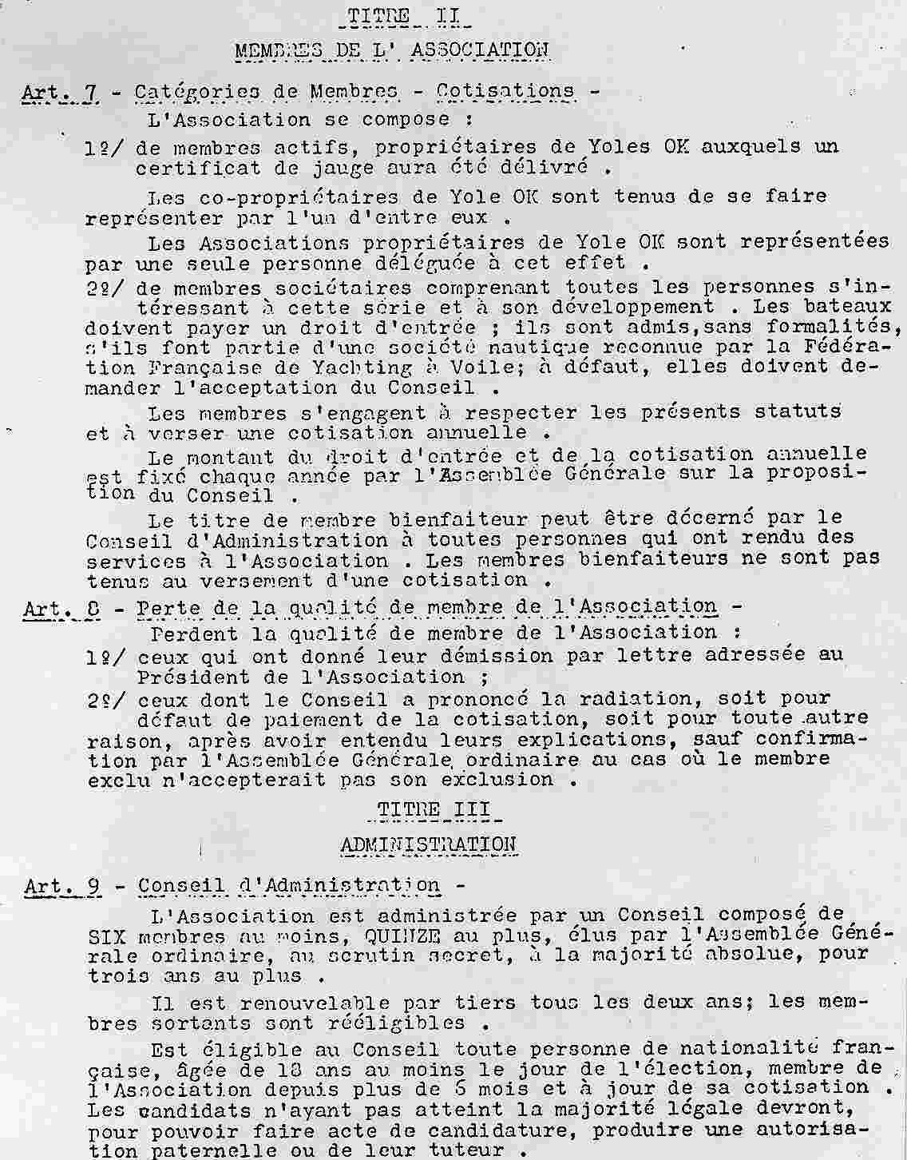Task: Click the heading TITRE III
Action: coord(436,808)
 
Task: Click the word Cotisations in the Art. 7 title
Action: coord(505,90)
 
